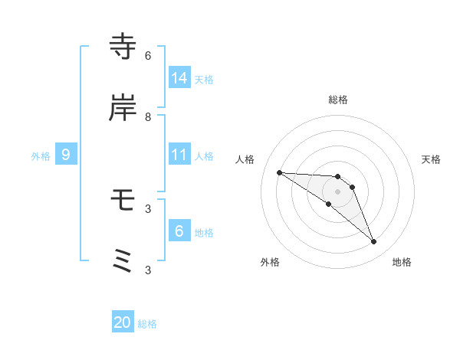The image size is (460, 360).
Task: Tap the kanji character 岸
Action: [123, 109]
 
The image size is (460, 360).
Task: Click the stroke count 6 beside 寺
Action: [148, 56]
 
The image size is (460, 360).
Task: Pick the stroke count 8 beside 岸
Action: [148, 117]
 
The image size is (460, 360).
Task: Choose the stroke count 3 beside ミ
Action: [148, 270]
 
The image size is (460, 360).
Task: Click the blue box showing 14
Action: [179, 77]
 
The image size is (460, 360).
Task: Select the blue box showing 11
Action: [179, 155]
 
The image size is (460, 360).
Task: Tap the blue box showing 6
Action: [179, 231]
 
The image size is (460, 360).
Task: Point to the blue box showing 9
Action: [66, 155]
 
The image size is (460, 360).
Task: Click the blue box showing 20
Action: [123, 322]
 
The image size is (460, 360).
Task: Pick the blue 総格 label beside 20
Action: [147, 324]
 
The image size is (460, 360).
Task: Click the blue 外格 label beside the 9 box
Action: [41, 156]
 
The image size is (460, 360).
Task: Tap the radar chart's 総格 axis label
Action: [338, 100]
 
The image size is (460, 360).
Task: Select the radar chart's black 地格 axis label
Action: [402, 262]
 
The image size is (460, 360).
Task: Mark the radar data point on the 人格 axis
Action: [279, 172]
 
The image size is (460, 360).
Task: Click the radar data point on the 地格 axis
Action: [374, 242]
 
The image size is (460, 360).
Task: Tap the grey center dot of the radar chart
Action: [338, 191]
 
